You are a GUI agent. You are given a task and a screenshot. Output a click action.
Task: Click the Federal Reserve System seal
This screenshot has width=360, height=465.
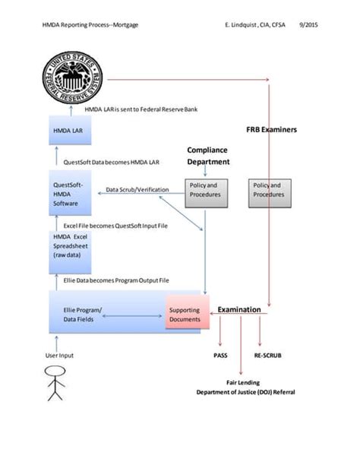click(74, 78)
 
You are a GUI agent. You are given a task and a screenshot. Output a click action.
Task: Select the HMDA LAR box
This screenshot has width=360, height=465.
click(71, 131)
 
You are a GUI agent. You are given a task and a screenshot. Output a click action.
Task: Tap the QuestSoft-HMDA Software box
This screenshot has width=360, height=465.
click(71, 193)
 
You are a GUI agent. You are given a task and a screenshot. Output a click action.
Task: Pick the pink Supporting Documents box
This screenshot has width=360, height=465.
click(185, 315)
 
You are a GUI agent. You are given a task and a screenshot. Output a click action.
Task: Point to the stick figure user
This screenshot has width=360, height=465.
click(54, 382)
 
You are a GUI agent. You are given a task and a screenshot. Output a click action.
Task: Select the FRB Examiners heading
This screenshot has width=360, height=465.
click(271, 130)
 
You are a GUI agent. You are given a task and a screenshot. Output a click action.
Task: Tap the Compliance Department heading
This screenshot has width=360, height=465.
click(207, 156)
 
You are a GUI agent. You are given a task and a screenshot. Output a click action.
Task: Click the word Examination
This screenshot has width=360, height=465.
click(239, 310)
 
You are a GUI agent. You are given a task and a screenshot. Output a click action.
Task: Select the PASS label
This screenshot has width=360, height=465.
click(220, 354)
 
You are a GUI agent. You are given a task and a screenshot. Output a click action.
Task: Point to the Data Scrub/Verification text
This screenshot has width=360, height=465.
click(137, 189)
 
